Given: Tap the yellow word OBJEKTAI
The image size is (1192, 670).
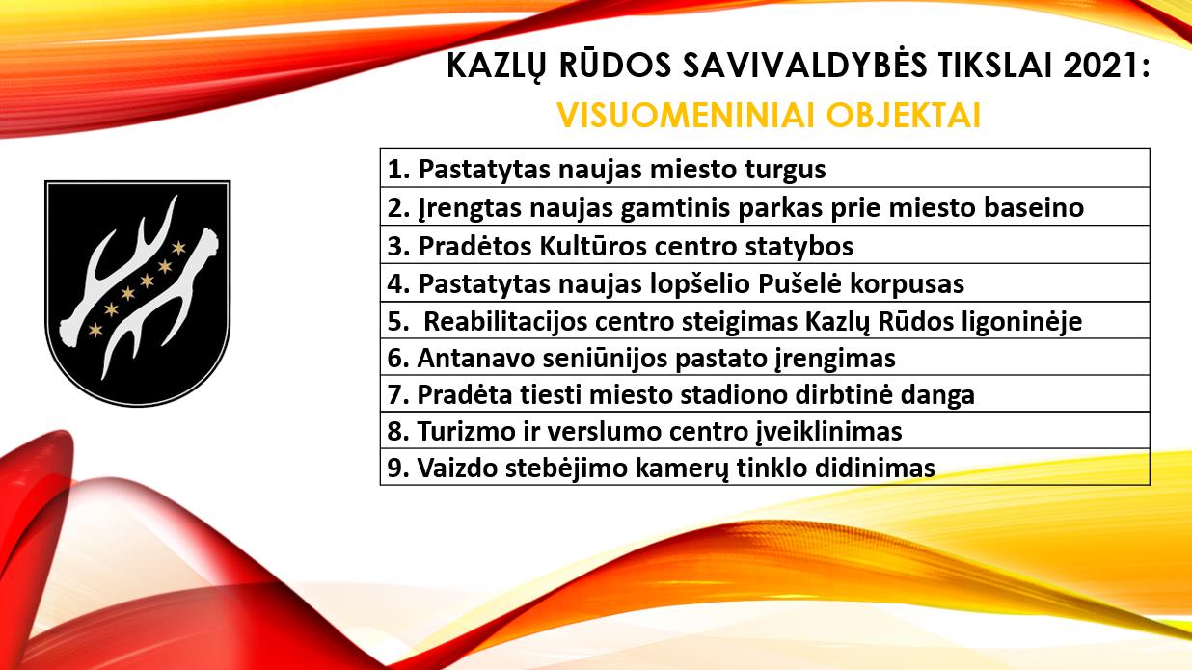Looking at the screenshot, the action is (903, 116).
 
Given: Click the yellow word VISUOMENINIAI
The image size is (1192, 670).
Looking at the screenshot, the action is (687, 116).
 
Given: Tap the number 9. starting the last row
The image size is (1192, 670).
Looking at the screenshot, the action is (398, 468).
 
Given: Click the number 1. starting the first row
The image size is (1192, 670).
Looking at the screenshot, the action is (398, 169).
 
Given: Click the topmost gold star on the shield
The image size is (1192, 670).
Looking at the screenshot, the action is (178, 247).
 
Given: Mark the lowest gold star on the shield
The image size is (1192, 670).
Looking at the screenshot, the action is (95, 331).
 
